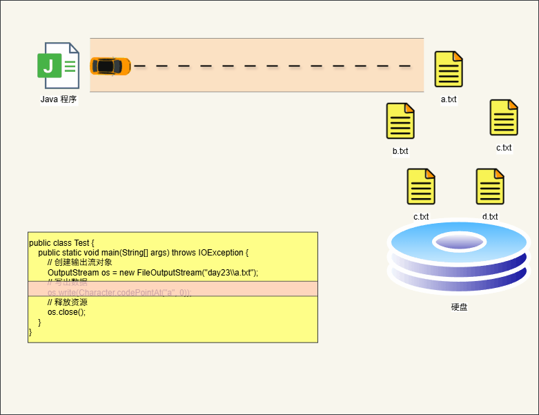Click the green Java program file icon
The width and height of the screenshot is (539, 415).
(58, 66)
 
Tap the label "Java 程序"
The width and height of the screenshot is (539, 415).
(59, 99)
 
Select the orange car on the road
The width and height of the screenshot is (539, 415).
(110, 66)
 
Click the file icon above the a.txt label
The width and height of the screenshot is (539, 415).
(449, 69)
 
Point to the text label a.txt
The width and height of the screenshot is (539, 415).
(449, 99)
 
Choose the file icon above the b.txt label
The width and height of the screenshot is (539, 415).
(400, 121)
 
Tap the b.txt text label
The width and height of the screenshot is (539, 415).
(400, 151)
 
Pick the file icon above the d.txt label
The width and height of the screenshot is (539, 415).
(490, 186)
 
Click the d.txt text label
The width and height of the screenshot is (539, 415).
(490, 217)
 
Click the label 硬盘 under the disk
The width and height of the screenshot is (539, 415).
(459, 307)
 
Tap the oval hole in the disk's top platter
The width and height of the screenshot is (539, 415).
(458, 242)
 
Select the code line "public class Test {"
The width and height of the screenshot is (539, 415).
(61, 243)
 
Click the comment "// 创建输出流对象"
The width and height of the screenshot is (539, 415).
(79, 262)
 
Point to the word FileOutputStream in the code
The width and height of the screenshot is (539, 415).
(168, 273)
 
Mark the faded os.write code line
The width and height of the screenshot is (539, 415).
(119, 293)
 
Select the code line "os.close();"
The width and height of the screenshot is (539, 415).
(67, 312)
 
